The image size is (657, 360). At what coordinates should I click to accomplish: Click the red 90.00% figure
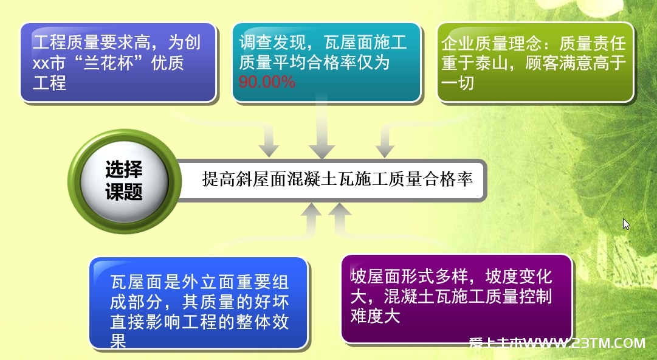click(x=267, y=81)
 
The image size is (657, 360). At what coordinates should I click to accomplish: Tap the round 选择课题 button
click(x=125, y=181)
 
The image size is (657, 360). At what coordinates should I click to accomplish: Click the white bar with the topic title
click(x=331, y=180)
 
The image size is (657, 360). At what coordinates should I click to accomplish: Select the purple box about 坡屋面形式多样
click(x=456, y=299)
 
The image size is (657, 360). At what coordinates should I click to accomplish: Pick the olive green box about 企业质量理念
click(x=535, y=62)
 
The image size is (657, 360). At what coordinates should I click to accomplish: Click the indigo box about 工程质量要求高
click(x=119, y=63)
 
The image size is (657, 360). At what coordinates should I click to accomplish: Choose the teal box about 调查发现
click(x=326, y=62)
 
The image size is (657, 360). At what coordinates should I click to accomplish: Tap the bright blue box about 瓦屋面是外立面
click(x=199, y=303)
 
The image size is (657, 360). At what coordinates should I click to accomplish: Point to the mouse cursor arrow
click(x=626, y=224)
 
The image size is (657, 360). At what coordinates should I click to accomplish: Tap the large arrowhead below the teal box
click(x=322, y=150)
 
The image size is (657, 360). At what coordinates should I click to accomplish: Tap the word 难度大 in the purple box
click(x=376, y=316)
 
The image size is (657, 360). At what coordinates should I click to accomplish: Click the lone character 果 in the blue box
click(x=118, y=341)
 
